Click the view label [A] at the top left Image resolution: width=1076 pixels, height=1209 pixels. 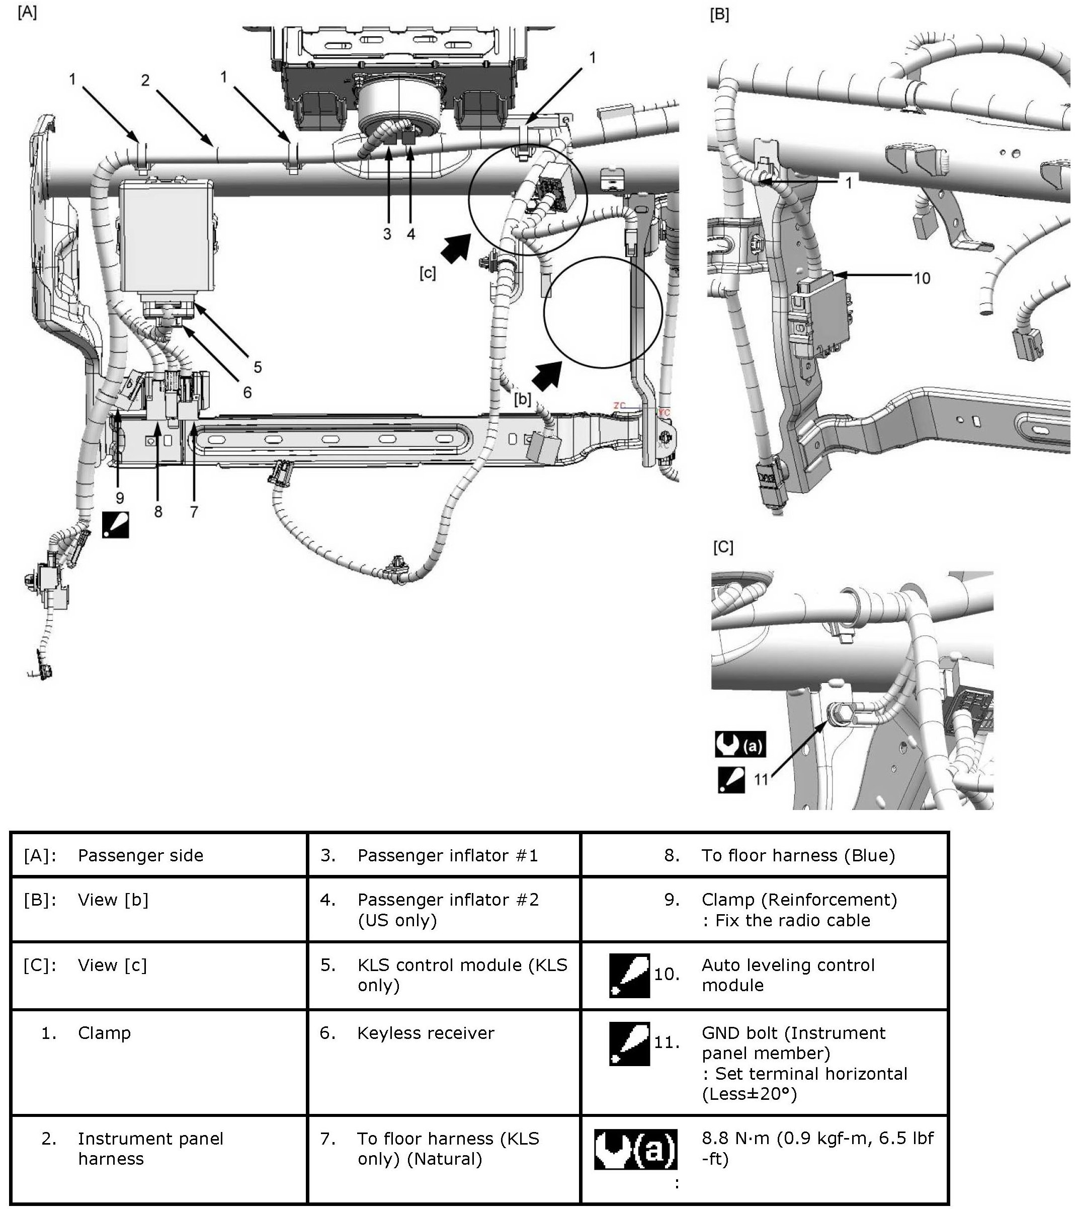(x=27, y=13)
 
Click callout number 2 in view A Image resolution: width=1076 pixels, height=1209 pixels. (x=145, y=80)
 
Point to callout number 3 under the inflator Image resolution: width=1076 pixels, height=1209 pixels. (x=387, y=234)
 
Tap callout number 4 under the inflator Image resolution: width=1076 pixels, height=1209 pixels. (x=411, y=234)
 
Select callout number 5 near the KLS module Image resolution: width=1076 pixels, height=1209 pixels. (x=258, y=367)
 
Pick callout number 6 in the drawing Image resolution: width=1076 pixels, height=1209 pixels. (x=247, y=392)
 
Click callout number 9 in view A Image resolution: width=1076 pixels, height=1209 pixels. (x=120, y=499)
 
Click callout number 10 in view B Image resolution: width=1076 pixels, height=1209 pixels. (x=922, y=278)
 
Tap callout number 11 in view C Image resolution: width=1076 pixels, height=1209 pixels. (x=761, y=779)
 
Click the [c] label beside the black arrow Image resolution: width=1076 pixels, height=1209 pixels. (x=427, y=273)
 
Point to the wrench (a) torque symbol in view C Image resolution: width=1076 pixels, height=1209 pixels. (x=740, y=744)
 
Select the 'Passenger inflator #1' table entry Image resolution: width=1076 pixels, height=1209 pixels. (x=448, y=855)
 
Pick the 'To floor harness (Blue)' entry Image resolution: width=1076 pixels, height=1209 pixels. (x=797, y=855)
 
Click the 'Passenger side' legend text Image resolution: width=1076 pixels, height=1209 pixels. (x=140, y=855)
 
